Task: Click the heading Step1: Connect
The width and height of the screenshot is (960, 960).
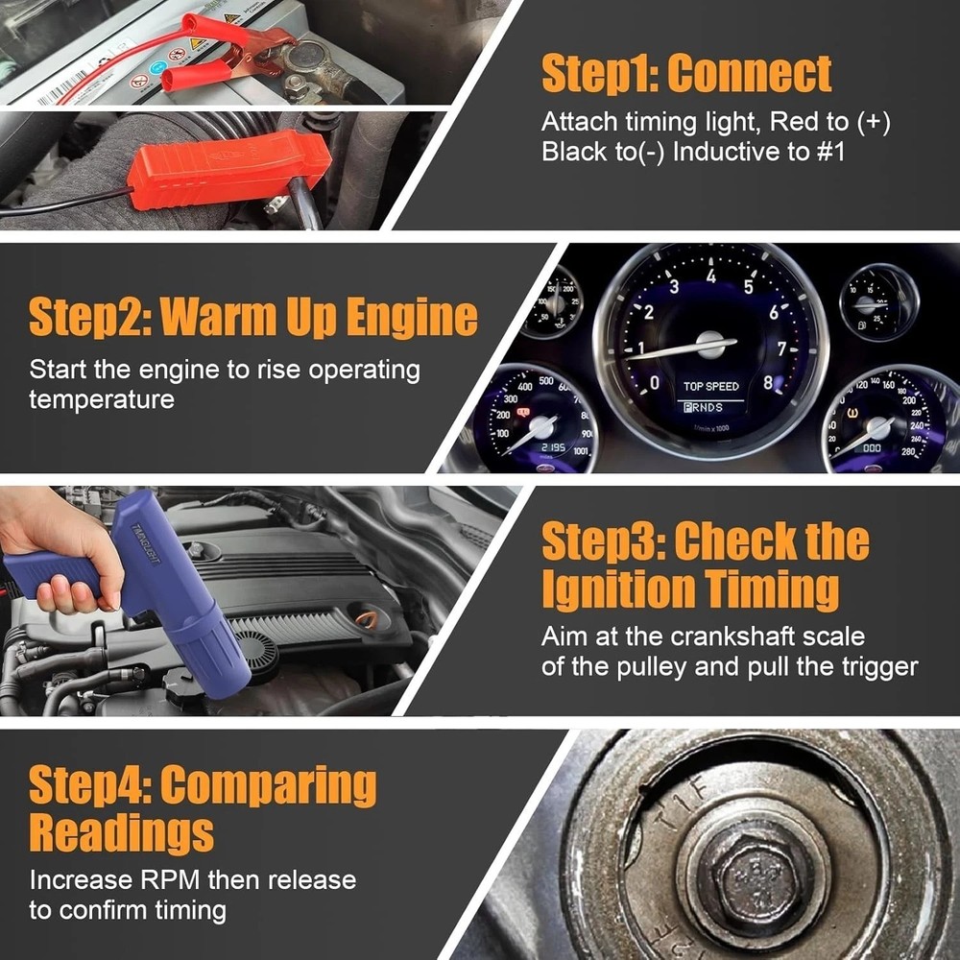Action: (686, 74)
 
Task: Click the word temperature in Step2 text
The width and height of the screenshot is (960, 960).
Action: (102, 399)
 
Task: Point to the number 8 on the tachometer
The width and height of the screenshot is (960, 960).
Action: (767, 382)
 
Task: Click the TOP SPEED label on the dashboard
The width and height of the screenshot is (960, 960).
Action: (711, 387)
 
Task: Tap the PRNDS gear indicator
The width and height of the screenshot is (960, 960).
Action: (703, 407)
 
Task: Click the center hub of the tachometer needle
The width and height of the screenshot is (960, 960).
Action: (711, 344)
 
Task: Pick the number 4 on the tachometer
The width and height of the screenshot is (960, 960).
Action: (711, 276)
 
